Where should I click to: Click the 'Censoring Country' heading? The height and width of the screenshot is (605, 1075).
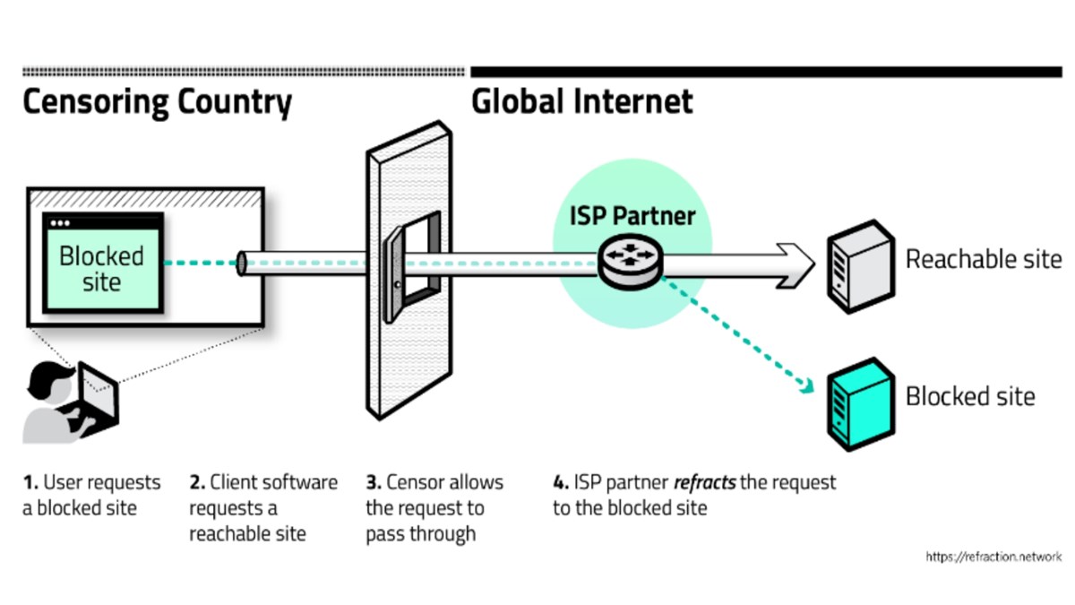click(x=157, y=102)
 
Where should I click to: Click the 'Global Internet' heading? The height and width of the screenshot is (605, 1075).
click(x=582, y=102)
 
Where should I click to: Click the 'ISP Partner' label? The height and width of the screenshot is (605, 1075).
click(x=632, y=215)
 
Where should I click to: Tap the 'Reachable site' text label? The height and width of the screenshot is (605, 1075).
click(x=984, y=260)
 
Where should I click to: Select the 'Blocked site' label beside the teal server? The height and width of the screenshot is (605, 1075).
click(x=970, y=396)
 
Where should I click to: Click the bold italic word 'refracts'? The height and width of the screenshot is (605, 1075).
click(x=704, y=482)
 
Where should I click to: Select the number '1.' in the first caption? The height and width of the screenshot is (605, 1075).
click(x=30, y=482)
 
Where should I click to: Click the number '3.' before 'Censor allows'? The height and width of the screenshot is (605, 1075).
click(x=373, y=482)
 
